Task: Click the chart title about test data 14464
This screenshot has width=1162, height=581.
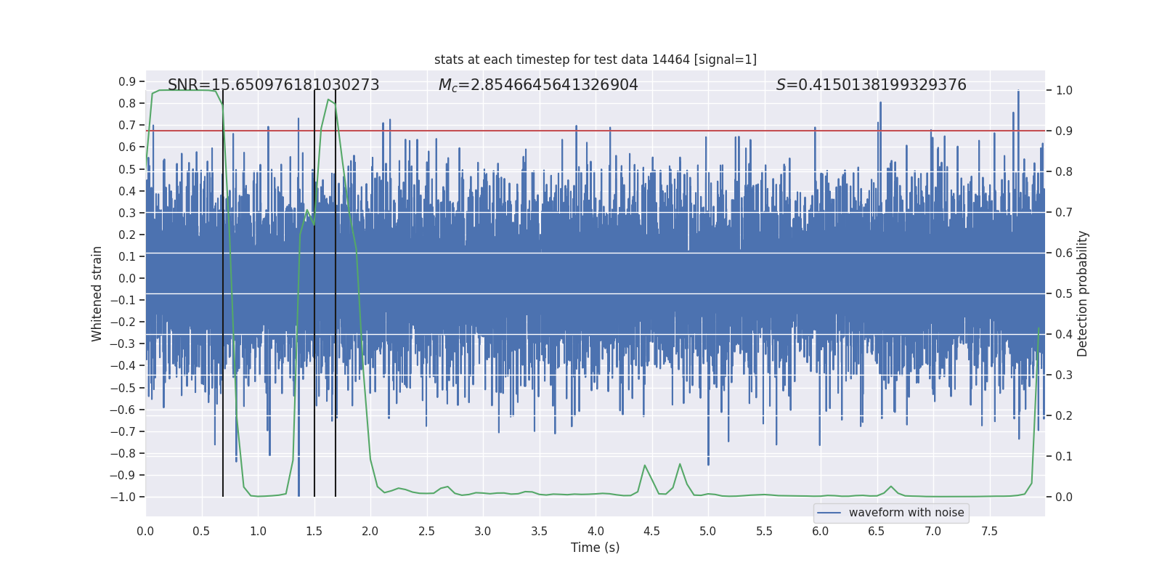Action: coord(595,60)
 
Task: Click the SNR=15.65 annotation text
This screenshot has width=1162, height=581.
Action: coord(273,85)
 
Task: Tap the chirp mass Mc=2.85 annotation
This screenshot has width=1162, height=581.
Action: coord(538,85)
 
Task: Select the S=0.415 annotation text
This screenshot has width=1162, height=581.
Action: coord(871,85)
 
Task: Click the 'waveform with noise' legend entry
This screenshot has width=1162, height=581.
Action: coord(906,513)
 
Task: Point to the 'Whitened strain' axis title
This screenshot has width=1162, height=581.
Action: coord(97,293)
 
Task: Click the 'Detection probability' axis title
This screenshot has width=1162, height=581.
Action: coord(1083,293)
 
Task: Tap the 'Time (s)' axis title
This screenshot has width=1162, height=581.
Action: coord(595,548)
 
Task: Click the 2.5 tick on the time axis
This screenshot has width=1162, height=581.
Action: coord(426,531)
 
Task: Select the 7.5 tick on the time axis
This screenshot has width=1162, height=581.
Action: coord(989,531)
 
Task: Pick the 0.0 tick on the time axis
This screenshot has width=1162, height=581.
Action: coord(145,531)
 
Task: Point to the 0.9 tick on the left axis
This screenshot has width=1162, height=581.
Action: coord(127,81)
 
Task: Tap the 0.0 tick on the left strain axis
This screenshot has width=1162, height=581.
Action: coord(127,278)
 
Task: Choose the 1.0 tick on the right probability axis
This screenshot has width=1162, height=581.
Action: coord(1064,90)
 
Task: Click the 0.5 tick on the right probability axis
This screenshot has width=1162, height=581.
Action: coord(1064,293)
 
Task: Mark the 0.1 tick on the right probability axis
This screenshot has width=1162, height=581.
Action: coord(1064,456)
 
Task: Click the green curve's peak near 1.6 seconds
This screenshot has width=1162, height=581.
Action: coord(328,99)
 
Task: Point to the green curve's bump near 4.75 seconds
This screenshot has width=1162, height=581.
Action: coord(680,464)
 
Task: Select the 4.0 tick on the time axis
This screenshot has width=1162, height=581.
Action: coord(596,531)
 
